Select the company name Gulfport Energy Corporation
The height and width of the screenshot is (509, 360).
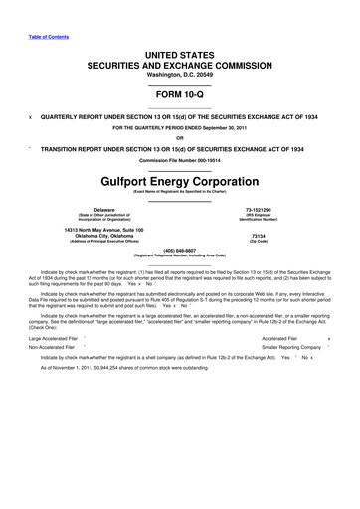tap(180, 183)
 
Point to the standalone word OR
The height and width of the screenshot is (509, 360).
tap(180, 137)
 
